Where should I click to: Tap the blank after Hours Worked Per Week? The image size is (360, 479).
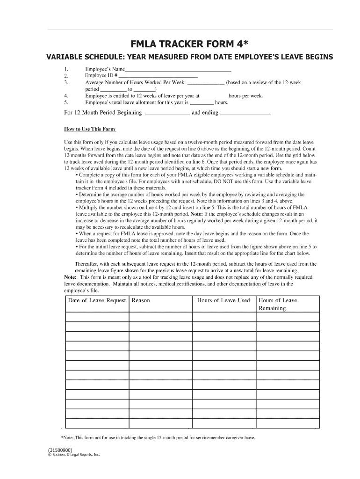click(x=206, y=82)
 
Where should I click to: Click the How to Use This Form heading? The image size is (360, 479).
click(x=89, y=129)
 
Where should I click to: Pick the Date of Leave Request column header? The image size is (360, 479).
click(x=97, y=300)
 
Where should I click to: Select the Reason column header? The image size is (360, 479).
click(x=141, y=300)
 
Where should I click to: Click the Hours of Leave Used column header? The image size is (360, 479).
click(x=223, y=300)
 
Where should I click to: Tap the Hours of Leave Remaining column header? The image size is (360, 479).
click(x=278, y=304)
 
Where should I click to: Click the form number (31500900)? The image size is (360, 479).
click(x=60, y=450)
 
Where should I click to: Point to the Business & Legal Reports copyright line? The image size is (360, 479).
click(x=73, y=455)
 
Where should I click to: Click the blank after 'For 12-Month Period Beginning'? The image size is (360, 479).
click(x=168, y=113)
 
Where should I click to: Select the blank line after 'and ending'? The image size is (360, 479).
click(x=245, y=113)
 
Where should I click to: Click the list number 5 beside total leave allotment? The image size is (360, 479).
click(x=66, y=102)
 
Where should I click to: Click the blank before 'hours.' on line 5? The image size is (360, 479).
click(x=202, y=102)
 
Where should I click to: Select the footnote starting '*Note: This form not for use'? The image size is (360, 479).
click(x=158, y=437)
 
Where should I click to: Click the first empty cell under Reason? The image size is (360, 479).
click(x=161, y=317)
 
